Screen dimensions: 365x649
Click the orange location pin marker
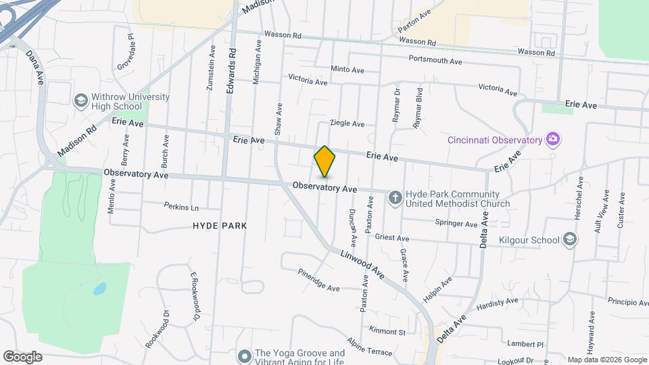pos(324,161)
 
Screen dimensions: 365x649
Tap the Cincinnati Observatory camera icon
pos(553,139)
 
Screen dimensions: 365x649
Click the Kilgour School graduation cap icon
pos(570,239)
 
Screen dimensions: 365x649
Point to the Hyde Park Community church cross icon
pos(395,198)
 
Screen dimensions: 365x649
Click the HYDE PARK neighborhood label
pos(219,226)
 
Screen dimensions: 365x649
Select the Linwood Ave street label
pos(362,264)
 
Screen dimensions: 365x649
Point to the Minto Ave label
pos(347,69)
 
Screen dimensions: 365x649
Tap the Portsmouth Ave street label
pos(435,61)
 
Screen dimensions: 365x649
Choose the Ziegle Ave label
pos(347,124)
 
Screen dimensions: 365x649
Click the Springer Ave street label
pos(456,224)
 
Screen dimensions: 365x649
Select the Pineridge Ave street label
pos(318,279)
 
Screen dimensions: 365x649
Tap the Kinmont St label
pos(387,331)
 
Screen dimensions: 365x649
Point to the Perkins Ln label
pos(181,206)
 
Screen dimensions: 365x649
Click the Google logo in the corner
pos(22,356)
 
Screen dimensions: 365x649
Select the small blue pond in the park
pos(99,289)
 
